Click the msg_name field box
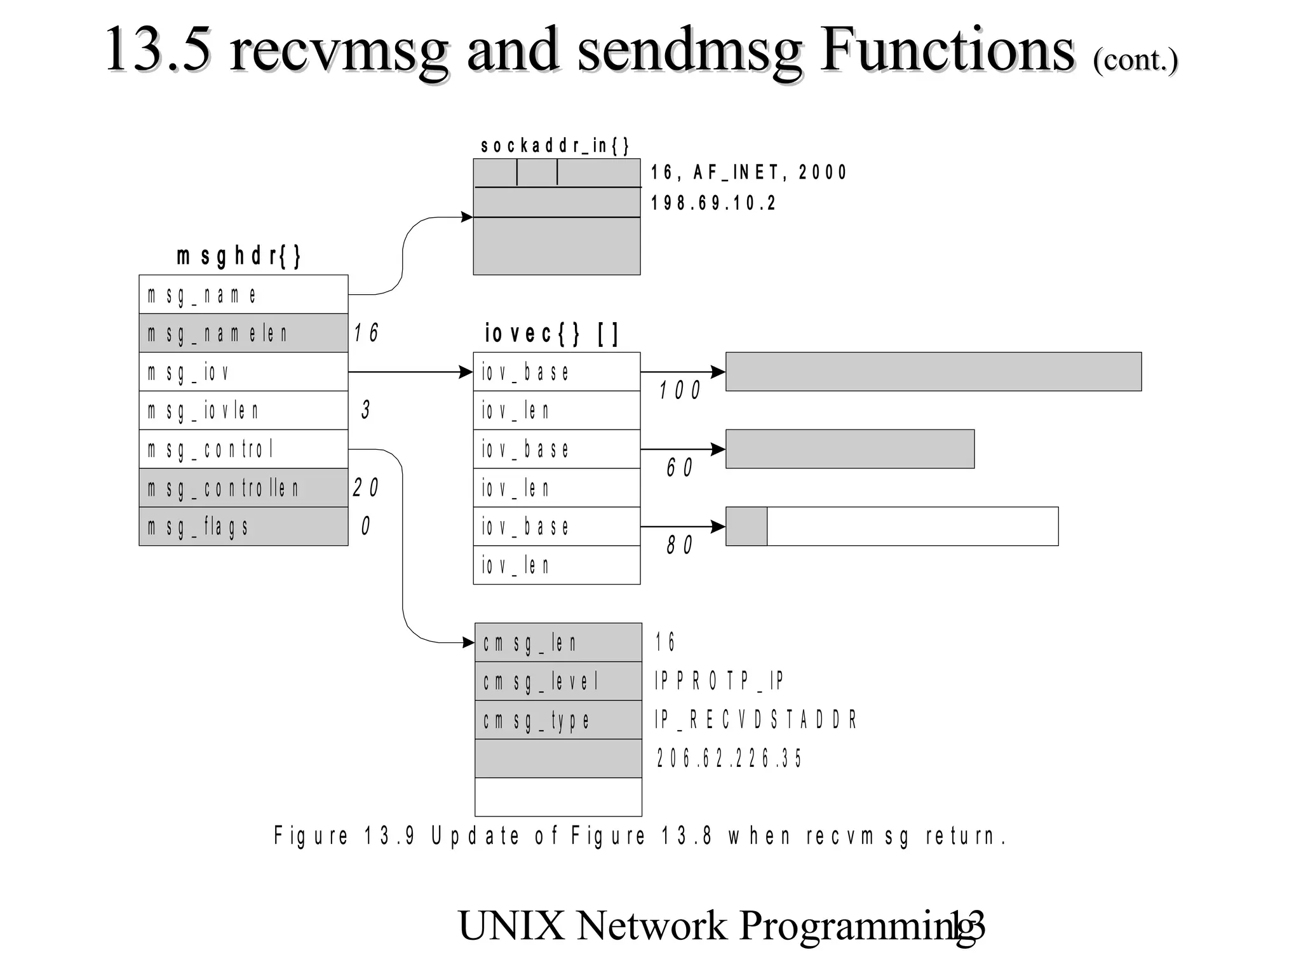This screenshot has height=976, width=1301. (243, 294)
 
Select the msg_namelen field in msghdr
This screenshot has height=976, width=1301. (243, 333)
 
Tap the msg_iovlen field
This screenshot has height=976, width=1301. (243, 410)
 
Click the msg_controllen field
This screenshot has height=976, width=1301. (243, 488)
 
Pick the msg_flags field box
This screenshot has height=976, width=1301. (243, 527)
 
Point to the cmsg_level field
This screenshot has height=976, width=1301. (558, 681)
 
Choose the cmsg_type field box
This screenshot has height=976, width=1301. (558, 720)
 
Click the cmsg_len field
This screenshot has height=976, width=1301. (558, 642)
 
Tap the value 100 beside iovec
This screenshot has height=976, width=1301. (679, 390)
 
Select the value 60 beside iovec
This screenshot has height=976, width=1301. (679, 468)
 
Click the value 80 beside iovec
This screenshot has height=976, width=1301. (679, 545)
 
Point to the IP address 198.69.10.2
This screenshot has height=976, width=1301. (713, 203)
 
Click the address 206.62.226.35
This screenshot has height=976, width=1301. (729, 758)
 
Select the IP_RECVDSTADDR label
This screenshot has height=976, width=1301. (756, 720)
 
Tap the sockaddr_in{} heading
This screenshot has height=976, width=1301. (555, 146)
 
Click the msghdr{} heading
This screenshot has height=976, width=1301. (239, 256)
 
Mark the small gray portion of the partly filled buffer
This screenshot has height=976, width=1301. (746, 526)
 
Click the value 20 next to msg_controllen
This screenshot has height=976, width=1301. (365, 488)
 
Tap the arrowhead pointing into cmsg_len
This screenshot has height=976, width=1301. (468, 642)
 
